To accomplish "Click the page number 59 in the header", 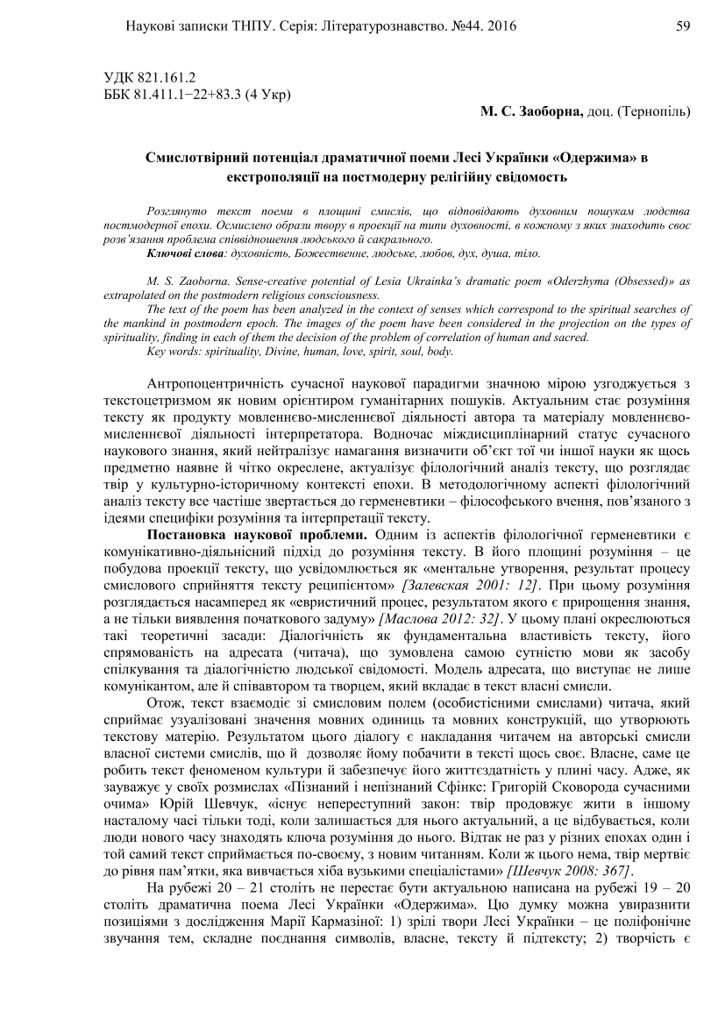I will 685,26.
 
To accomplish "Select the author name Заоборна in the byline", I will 543,112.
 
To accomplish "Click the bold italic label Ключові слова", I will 184,253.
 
